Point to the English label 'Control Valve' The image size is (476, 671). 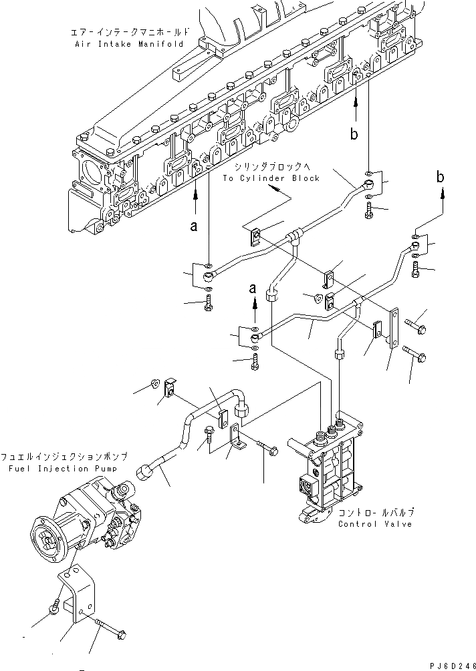[x=375, y=523]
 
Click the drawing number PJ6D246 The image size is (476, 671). [x=451, y=664]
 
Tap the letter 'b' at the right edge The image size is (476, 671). [x=441, y=177]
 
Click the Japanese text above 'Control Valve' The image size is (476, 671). [x=375, y=512]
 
